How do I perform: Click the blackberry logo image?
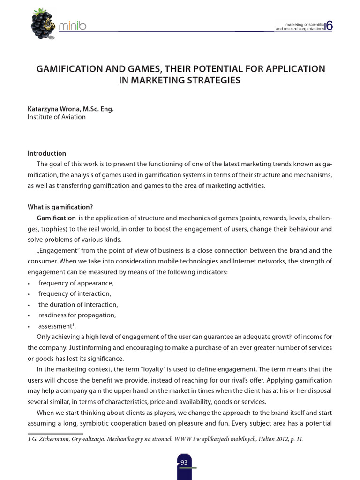click(x=43, y=24)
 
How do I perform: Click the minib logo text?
click(x=72, y=27)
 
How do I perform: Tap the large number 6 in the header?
click(x=329, y=26)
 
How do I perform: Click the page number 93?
click(x=184, y=462)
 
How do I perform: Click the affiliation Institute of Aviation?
click(x=57, y=117)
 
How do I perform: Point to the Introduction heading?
click(x=47, y=153)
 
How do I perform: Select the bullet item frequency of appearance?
click(x=76, y=283)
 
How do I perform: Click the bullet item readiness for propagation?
click(x=77, y=315)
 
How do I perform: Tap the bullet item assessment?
click(x=56, y=326)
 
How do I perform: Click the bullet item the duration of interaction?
click(x=78, y=304)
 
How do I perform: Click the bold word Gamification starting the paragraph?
click(x=56, y=218)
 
